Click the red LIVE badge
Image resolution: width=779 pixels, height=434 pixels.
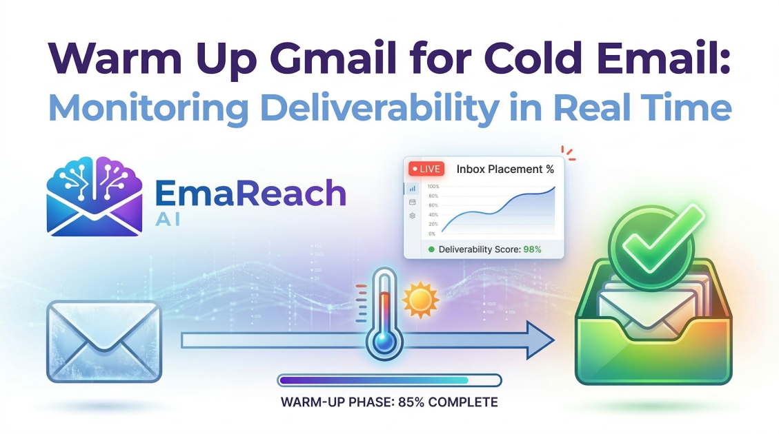click(x=426, y=169)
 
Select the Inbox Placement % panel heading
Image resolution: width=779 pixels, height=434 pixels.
click(x=505, y=169)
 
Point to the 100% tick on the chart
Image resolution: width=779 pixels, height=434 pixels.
click(x=433, y=187)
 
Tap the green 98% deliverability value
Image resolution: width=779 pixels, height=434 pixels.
click(x=532, y=249)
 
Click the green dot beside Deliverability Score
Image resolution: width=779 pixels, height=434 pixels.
click(x=431, y=249)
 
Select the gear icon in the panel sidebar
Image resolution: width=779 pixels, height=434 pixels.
click(x=413, y=216)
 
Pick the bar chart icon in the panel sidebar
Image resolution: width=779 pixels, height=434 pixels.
click(x=413, y=188)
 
